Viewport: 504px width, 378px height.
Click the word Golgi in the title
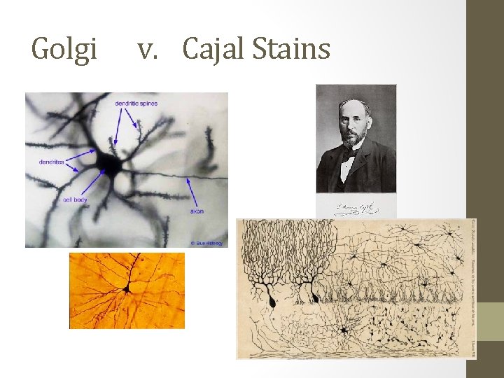point(65,50)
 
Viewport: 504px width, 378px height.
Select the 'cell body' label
point(75,199)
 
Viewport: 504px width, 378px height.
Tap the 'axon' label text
point(197,211)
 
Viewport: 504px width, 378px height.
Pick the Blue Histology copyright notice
point(206,243)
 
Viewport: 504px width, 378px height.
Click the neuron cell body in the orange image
point(127,288)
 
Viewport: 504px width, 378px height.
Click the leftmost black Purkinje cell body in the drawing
point(270,301)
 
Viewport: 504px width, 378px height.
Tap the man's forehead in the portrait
point(355,108)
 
